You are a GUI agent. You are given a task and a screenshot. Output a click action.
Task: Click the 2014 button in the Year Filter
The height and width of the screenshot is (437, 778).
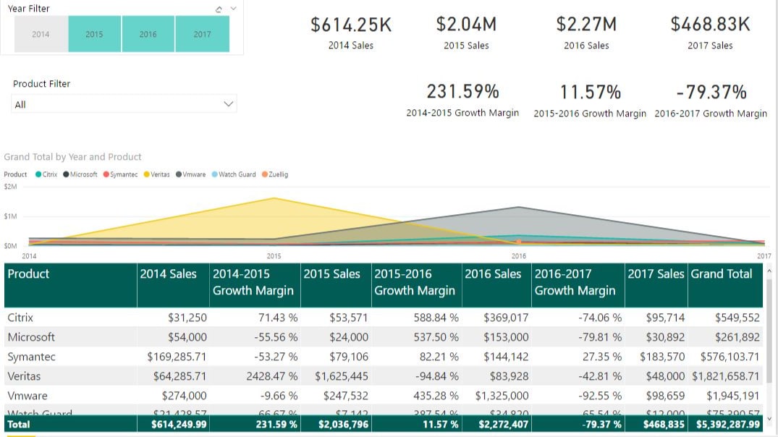tap(41, 34)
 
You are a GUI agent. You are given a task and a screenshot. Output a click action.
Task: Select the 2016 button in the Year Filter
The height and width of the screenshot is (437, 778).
tap(148, 34)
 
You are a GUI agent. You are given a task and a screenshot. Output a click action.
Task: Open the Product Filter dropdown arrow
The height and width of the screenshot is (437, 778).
tap(229, 104)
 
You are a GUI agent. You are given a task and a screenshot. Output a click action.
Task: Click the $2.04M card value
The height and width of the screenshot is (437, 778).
tap(466, 25)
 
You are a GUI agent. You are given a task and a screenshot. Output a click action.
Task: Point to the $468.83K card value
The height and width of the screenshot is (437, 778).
tap(710, 25)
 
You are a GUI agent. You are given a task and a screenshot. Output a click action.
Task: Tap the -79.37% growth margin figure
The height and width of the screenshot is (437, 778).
tap(711, 93)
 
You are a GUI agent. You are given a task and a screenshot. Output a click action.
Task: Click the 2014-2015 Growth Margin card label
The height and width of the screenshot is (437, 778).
tap(462, 113)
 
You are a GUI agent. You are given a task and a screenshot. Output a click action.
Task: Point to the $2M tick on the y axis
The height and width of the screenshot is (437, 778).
tap(10, 187)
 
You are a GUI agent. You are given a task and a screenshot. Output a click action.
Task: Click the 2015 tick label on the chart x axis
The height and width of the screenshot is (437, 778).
tap(274, 256)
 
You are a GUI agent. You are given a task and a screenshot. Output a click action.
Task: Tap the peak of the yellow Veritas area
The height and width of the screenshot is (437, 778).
tap(274, 198)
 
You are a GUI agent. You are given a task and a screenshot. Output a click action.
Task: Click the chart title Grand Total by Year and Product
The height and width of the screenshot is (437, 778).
tap(72, 157)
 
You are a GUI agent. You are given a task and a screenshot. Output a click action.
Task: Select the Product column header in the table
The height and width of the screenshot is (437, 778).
tap(29, 274)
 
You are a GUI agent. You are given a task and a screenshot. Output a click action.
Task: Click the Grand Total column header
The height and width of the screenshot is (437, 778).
tap(722, 274)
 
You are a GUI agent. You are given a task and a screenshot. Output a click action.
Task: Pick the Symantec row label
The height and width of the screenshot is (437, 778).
tap(31, 357)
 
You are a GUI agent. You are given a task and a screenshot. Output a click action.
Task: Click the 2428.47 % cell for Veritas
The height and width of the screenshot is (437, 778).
tap(273, 376)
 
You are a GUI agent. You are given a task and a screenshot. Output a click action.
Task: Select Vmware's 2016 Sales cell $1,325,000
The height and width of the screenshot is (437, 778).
tap(502, 396)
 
